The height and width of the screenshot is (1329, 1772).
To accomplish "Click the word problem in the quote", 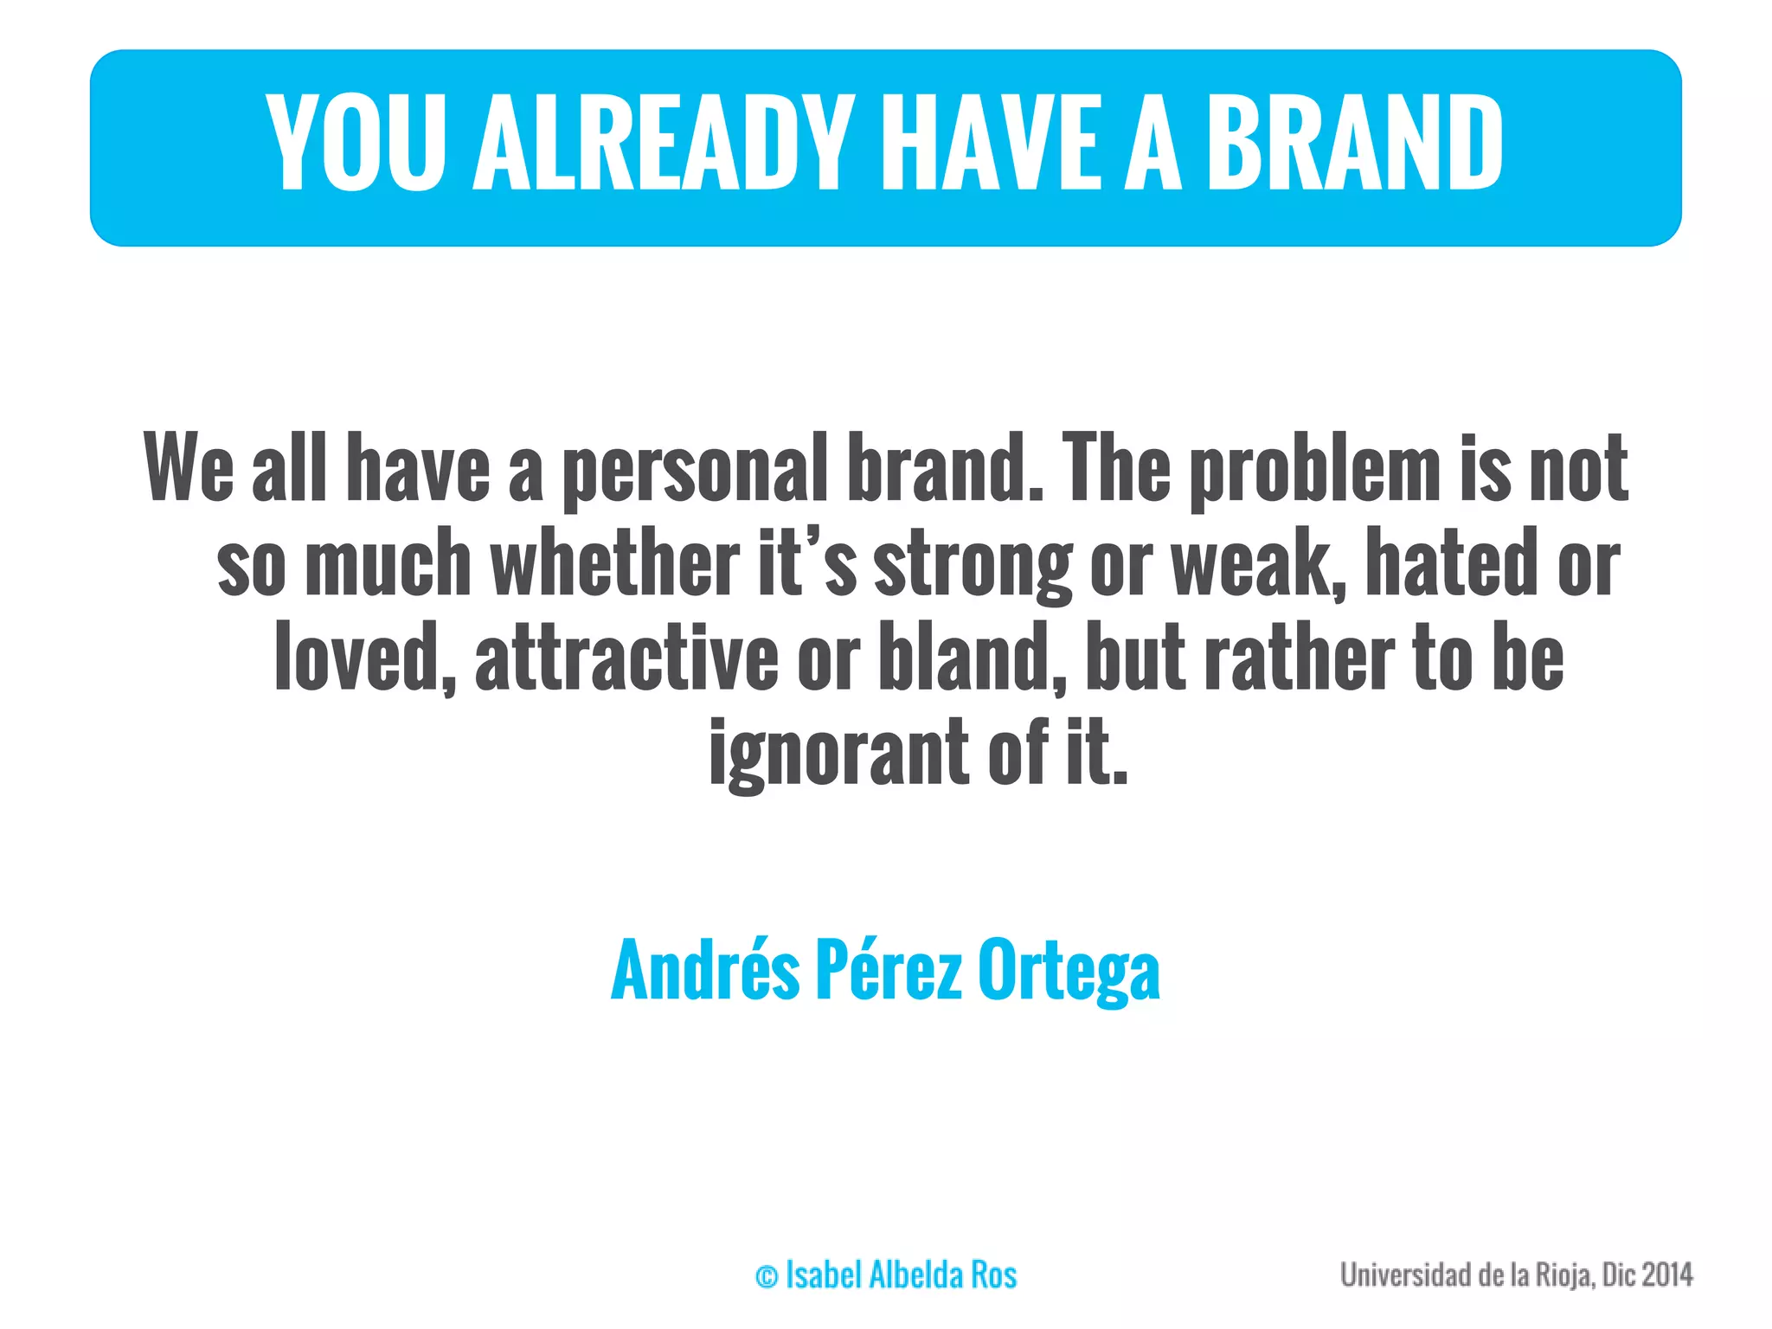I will coord(1315,470).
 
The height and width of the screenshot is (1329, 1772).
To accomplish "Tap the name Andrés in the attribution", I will coord(705,971).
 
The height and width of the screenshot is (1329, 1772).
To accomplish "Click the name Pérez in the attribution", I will coord(889,971).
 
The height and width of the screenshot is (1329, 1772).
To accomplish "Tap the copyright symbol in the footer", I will coord(767,1276).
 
